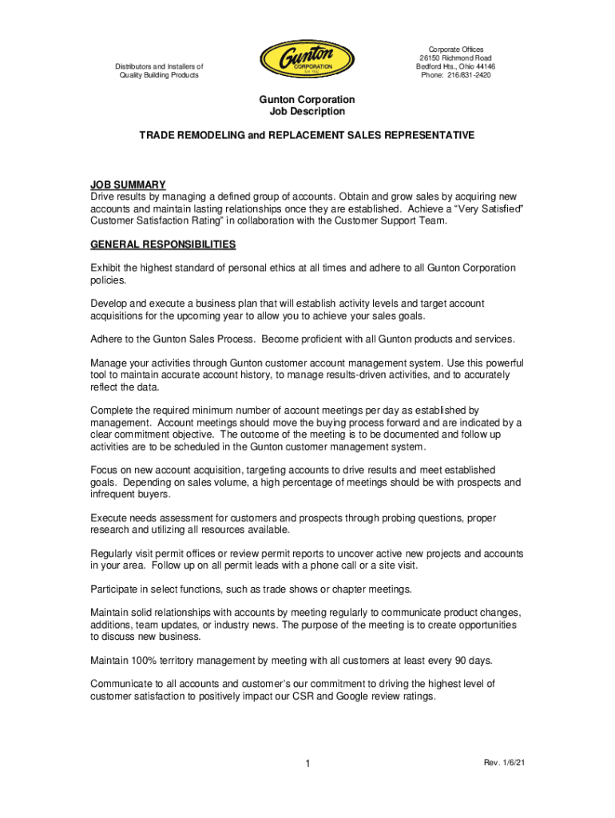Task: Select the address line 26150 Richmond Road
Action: pos(455,58)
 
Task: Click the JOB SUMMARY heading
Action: pos(128,185)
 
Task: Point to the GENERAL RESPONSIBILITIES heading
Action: pos(163,244)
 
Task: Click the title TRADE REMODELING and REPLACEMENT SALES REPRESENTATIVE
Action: pos(307,136)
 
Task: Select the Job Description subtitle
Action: pos(307,112)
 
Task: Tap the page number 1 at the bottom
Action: pos(307,765)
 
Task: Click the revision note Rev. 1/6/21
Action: pos(505,764)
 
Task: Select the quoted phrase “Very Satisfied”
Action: pos(488,208)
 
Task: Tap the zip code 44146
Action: pos(482,67)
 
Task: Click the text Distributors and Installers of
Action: pos(159,67)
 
